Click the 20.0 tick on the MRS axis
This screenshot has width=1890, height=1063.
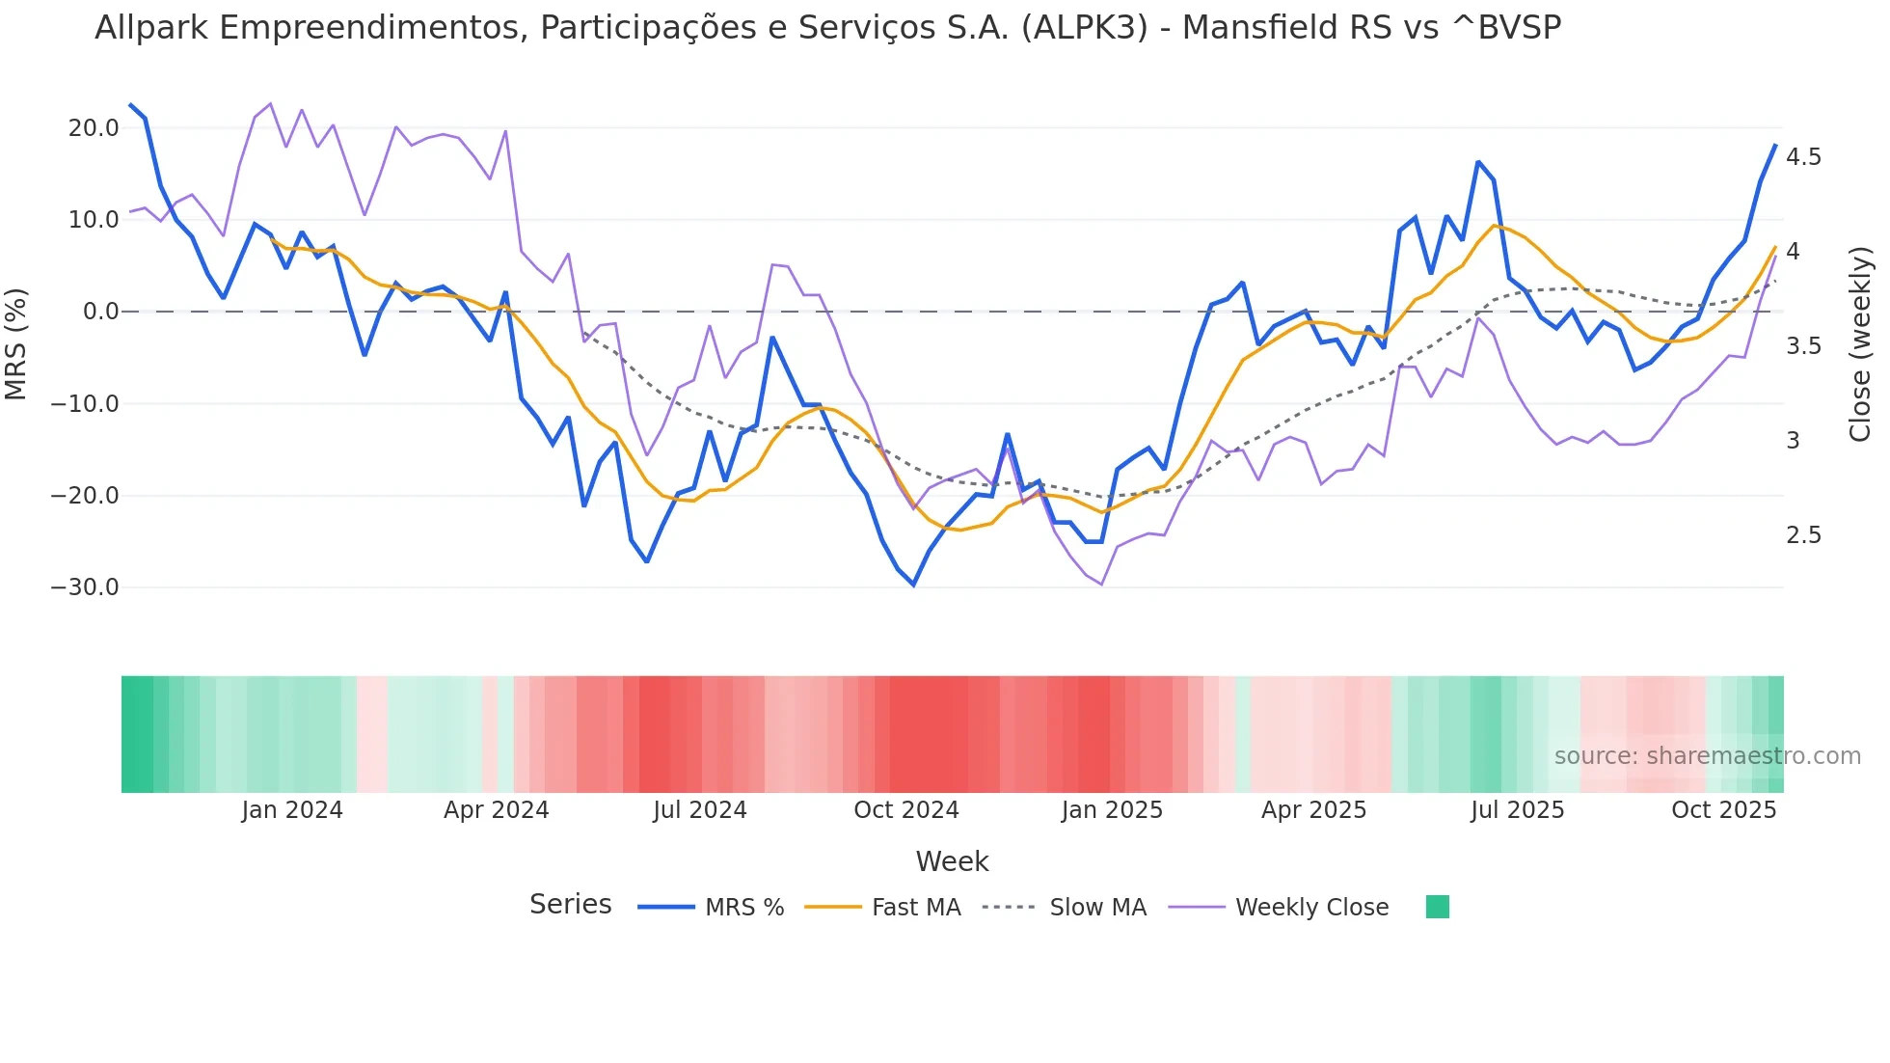93,128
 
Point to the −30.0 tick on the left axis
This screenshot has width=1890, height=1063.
85,587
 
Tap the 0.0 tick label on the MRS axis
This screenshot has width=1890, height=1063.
100,312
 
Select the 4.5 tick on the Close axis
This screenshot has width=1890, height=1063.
1803,157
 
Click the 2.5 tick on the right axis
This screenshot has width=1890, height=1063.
1803,535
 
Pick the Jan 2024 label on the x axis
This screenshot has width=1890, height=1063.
292,810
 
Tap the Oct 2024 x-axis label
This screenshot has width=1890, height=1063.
906,810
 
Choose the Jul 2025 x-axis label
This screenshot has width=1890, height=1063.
1517,810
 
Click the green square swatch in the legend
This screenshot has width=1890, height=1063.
1437,907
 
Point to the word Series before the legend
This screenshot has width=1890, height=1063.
570,905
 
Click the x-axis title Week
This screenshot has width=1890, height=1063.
952,861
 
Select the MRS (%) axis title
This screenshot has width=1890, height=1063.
16,343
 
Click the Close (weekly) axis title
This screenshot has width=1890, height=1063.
1860,343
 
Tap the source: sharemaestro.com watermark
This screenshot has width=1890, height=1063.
1707,756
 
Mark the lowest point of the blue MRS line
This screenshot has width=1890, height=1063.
913,585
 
